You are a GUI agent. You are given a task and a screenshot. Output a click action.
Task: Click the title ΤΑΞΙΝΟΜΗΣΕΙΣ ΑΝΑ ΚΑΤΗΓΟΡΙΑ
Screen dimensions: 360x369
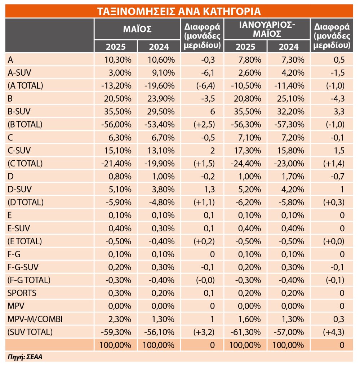[x=179, y=11]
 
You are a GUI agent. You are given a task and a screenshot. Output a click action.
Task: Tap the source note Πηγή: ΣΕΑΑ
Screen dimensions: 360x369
[x=25, y=357]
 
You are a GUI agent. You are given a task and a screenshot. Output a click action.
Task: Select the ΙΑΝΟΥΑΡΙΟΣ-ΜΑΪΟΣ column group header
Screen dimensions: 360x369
[x=267, y=29]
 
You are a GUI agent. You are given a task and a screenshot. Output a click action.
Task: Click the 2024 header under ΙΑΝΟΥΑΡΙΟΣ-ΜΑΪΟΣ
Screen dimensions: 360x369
[x=289, y=46]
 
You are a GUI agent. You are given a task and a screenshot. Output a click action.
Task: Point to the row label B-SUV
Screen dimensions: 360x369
[x=19, y=111]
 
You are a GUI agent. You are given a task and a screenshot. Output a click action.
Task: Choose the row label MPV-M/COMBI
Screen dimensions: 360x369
[x=35, y=319]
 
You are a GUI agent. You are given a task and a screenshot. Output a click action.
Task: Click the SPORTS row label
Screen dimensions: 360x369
[x=22, y=293]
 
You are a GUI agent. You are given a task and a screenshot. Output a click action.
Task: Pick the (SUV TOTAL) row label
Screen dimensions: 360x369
[x=30, y=332]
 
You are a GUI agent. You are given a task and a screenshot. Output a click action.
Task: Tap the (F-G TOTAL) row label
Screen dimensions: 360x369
[x=29, y=280]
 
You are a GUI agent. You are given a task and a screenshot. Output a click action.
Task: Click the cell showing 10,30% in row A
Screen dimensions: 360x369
[x=117, y=59]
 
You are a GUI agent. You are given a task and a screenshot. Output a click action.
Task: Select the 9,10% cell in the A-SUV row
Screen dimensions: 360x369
[x=163, y=72]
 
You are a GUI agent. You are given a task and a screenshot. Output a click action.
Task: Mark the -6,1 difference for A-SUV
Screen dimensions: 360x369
[x=208, y=72]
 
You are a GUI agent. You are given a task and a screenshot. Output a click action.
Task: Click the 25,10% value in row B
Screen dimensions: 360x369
[x=290, y=98]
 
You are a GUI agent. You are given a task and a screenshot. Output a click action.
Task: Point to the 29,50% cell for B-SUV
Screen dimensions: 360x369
[x=161, y=111]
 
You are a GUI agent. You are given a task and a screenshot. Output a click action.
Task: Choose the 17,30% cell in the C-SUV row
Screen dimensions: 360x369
[x=248, y=150]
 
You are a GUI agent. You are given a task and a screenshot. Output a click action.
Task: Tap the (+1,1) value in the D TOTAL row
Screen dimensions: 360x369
[x=204, y=202]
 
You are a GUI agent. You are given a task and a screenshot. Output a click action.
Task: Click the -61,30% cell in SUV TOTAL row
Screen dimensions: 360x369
[x=246, y=332]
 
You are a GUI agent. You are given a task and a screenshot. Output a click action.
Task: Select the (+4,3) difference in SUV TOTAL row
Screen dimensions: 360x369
[x=334, y=332]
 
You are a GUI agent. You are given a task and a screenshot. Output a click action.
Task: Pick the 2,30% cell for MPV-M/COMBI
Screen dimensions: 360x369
[x=120, y=319]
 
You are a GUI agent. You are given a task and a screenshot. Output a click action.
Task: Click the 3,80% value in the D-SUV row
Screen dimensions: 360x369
[x=163, y=189]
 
